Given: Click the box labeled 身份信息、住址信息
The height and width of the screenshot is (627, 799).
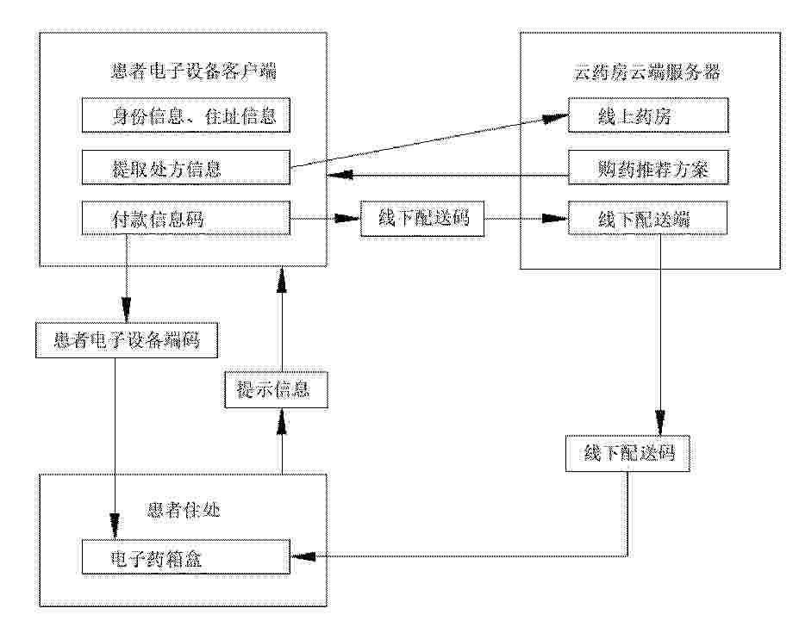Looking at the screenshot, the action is [186, 115].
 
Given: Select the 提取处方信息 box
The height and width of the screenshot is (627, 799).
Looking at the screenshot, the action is [186, 167].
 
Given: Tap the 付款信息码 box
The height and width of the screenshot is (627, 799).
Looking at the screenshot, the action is [186, 219].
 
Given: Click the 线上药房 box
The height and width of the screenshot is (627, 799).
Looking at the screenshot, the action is [648, 115].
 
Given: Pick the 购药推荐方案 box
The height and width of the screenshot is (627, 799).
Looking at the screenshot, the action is [648, 167].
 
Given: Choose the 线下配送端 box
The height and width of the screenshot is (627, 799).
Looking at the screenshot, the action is [647, 219].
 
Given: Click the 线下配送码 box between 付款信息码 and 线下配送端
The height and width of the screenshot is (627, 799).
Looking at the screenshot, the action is [422, 219].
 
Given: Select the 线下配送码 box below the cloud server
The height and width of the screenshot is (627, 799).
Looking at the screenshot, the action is [627, 453].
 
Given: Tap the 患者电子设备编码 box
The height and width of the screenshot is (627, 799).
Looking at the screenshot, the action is [127, 339].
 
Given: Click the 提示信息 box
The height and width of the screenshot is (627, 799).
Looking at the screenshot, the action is [276, 390].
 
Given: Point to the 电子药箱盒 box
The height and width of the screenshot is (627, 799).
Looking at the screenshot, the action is [186, 558].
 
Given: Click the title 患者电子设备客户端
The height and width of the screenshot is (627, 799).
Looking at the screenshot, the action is [194, 71].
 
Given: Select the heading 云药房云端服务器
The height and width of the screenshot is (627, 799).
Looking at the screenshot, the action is [647, 72].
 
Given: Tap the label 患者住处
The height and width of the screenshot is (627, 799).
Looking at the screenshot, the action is [184, 509].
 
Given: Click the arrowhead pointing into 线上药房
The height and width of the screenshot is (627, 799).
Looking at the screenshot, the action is [554, 118].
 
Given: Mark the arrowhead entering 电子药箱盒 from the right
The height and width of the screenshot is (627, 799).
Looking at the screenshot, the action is [303, 556].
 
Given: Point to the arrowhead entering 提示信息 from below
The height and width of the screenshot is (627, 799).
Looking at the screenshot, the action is [282, 422].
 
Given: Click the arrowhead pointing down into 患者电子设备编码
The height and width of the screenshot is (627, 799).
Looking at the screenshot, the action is [127, 309].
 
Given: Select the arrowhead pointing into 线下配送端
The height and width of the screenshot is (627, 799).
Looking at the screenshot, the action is [554, 219].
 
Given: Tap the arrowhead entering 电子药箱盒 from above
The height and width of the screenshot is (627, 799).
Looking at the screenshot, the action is [115, 527].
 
